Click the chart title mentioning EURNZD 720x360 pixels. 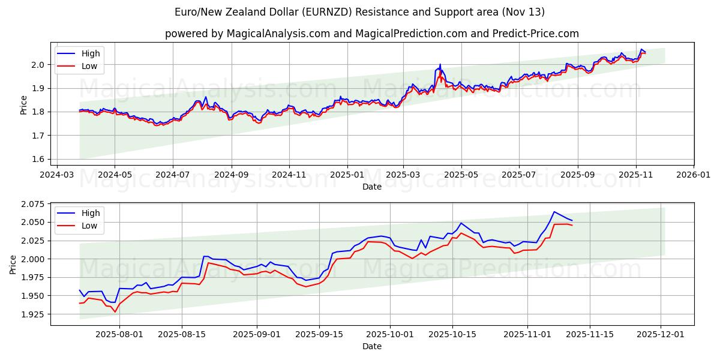tap(359, 12)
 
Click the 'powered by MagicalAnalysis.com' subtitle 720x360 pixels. tap(371, 34)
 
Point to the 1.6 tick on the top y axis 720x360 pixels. tap(38, 159)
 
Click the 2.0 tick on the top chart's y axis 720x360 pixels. tap(38, 65)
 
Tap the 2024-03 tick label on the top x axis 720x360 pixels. tap(57, 175)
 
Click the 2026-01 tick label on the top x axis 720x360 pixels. tap(693, 175)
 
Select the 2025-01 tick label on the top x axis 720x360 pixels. tap(347, 175)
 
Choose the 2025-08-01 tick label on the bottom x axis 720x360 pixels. tap(119, 334)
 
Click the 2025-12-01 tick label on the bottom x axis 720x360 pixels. tap(661, 334)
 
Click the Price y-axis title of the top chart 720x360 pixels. tap(23, 105)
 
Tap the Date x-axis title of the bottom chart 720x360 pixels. tap(371, 346)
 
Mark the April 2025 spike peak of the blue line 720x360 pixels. tap(440, 64)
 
